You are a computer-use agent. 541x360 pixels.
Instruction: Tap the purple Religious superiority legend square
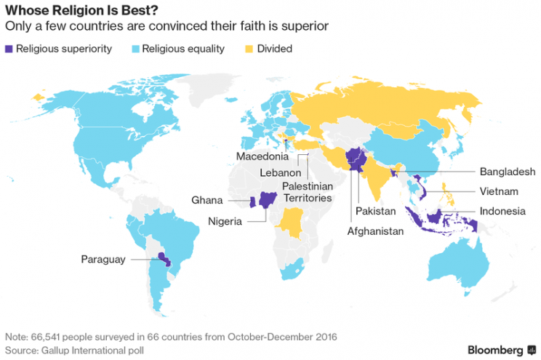[9, 49]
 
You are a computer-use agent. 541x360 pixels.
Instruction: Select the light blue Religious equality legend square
[135, 49]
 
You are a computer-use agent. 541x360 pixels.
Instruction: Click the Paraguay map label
[103, 260]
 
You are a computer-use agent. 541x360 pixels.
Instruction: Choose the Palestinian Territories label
[307, 192]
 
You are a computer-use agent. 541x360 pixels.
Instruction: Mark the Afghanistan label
[374, 231]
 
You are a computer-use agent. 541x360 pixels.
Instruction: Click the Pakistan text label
[375, 212]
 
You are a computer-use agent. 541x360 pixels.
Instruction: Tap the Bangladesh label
[508, 172]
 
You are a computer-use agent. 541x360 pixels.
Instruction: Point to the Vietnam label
[498, 191]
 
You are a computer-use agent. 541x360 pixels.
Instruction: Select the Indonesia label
[502, 212]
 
